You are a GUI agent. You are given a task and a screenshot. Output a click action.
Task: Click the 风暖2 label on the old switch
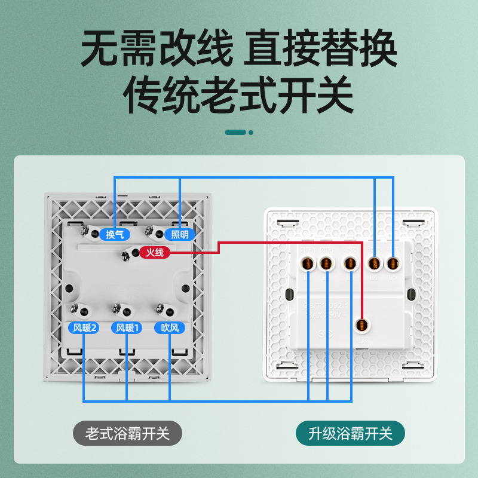[x=82, y=328]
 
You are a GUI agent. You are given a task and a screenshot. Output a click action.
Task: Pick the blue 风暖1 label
[x=127, y=328]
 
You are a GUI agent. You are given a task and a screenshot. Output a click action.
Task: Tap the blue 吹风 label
[x=169, y=328]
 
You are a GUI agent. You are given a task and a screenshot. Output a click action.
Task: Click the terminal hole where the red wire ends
[x=361, y=326]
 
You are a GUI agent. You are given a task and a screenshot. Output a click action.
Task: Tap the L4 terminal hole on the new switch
[x=375, y=263]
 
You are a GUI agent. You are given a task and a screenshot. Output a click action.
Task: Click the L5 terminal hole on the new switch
[x=393, y=263]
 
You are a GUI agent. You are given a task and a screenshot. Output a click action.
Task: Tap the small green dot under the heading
[x=251, y=132]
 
